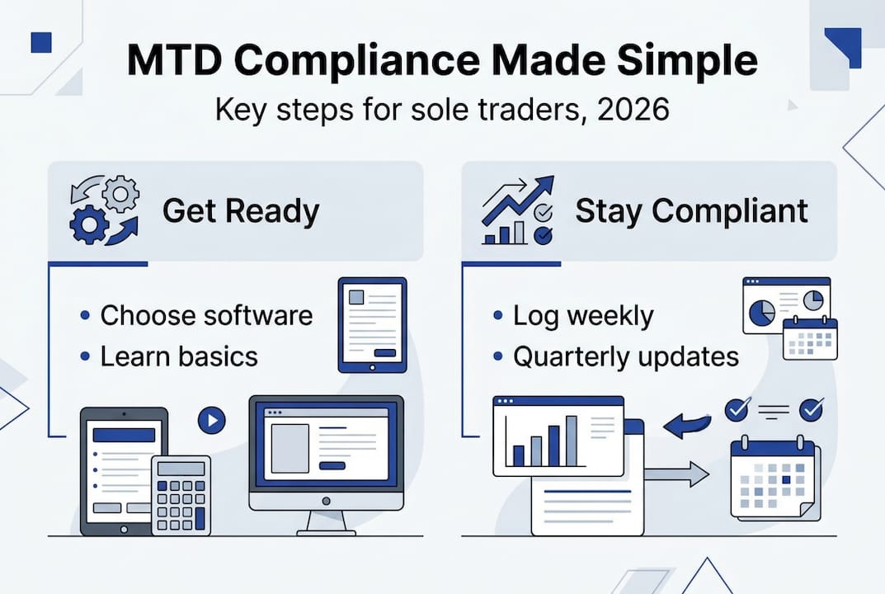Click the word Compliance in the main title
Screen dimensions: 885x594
[x=356, y=61]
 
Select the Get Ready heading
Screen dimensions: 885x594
[x=241, y=212]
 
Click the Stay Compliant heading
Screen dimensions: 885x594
[x=691, y=212]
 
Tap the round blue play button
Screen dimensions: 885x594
[x=212, y=420]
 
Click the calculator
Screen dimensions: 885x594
[x=181, y=495]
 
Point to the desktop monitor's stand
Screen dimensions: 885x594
[x=327, y=523]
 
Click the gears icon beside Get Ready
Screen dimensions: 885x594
[x=105, y=210]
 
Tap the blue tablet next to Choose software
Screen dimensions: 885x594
[x=373, y=325]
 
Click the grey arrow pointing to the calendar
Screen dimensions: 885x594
[x=676, y=474]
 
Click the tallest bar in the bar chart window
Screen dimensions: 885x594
[x=572, y=441]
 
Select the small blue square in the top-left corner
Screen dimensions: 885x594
[x=41, y=42]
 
